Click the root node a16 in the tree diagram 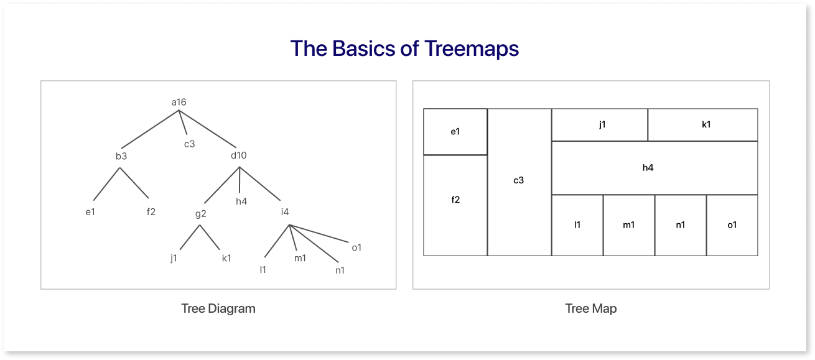tap(179, 102)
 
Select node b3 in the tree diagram tap(121, 156)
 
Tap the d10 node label tap(239, 155)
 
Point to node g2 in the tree tap(200, 214)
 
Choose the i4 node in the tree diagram tap(285, 211)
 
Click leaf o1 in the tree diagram tap(356, 247)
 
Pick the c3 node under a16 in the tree tap(189, 144)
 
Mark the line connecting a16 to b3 tap(150, 129)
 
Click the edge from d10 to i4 tap(260, 183)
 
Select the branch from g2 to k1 tap(210, 237)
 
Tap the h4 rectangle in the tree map tap(654, 168)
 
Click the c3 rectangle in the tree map tap(519, 182)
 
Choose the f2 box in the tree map tap(455, 205)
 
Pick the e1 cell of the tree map tap(455, 132)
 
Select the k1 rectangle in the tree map tap(702, 125)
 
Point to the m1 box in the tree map tap(629, 225)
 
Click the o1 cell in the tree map tap(732, 225)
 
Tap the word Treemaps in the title tap(472, 48)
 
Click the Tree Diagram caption tap(218, 308)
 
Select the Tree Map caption tap(591, 308)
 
